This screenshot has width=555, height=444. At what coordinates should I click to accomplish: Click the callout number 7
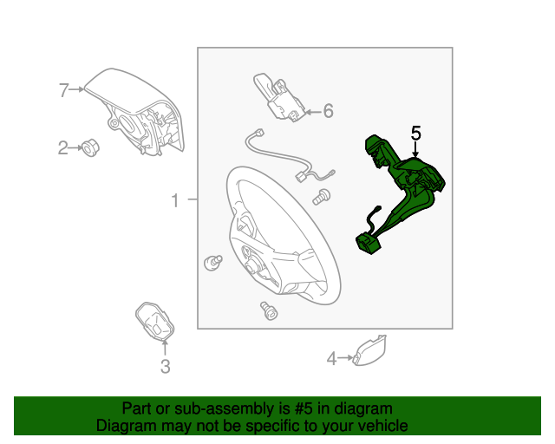(x=63, y=90)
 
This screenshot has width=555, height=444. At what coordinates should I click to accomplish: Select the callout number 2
(x=62, y=147)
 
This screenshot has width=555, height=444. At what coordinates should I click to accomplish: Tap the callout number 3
(x=166, y=367)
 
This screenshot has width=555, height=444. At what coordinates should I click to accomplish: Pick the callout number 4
(x=331, y=359)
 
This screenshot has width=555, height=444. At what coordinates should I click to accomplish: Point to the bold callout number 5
(x=416, y=134)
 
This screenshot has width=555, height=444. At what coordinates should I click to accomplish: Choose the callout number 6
(x=329, y=111)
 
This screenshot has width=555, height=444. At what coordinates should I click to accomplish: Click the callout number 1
(x=175, y=200)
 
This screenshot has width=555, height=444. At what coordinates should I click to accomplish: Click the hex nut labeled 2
(x=90, y=148)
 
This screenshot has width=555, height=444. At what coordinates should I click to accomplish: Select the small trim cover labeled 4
(x=369, y=350)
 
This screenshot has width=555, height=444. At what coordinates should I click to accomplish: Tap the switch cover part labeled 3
(x=154, y=321)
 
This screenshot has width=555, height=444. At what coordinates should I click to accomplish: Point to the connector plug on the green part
(x=368, y=245)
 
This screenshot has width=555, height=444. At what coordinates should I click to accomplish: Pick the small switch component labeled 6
(x=279, y=97)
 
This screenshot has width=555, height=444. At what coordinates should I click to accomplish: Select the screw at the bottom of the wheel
(x=269, y=310)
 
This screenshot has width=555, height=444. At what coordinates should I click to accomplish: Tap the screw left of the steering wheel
(x=213, y=263)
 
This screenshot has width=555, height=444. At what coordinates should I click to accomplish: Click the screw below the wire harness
(x=322, y=197)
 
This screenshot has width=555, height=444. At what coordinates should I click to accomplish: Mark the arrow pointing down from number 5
(x=415, y=148)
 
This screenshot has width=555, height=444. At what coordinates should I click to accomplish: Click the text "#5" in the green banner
(x=304, y=409)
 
